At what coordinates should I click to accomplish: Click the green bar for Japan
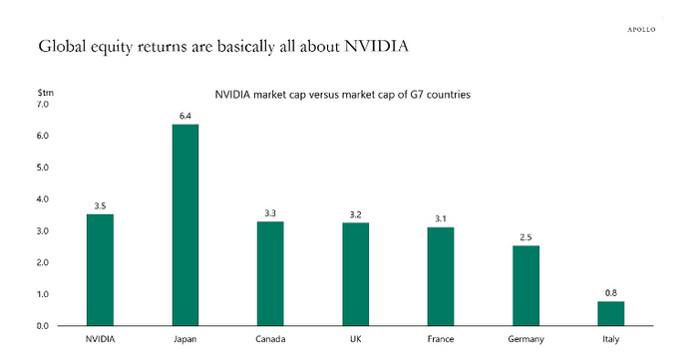pos(185,225)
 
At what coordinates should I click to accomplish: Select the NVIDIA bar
pos(100,270)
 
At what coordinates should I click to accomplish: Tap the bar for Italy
pos(610,313)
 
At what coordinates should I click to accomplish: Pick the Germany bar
pos(525,286)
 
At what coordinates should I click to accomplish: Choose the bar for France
pos(441,276)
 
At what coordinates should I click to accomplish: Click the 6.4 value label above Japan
pos(185,117)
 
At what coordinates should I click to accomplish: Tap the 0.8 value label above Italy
pos(611,293)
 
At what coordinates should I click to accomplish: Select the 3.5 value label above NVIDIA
pos(100,206)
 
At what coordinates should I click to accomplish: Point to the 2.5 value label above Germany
pos(525,238)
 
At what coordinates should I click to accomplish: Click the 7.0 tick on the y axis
pos(42,104)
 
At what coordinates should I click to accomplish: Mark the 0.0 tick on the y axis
pos(42,326)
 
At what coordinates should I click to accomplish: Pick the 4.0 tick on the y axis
pos(42,199)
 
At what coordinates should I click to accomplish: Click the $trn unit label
pos(45,93)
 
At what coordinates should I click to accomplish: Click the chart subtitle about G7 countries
pos(342,95)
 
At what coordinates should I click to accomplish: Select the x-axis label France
pos(441,340)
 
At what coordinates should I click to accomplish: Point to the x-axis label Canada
pos(270,340)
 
